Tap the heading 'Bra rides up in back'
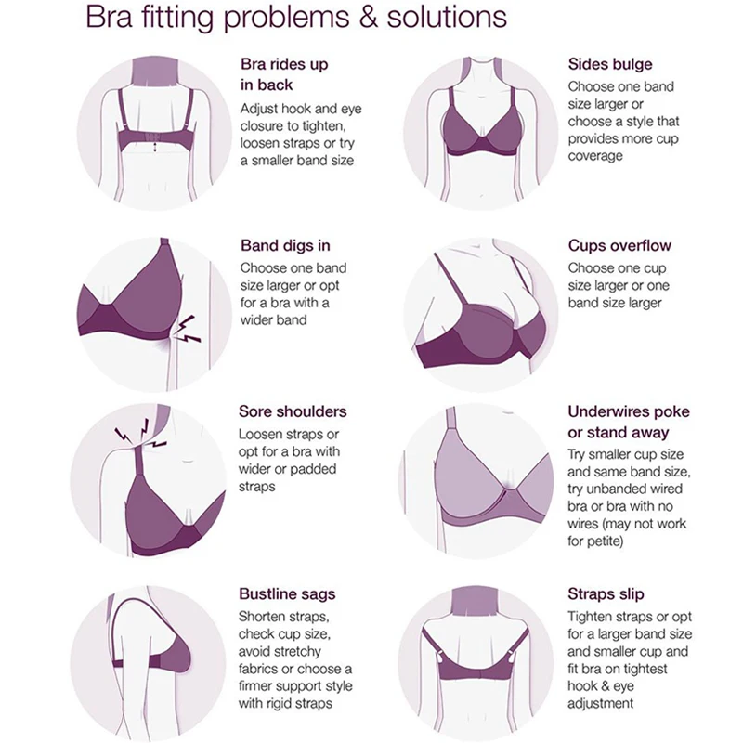tap(284, 75)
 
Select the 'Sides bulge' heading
tap(610, 65)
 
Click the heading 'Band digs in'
tap(285, 246)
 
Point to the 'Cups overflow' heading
tap(619, 246)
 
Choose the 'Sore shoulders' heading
tap(293, 411)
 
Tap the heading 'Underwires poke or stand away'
tap(629, 423)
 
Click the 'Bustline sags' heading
tap(287, 593)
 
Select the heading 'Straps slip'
tap(606, 593)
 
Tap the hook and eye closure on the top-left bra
tap(150, 141)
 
